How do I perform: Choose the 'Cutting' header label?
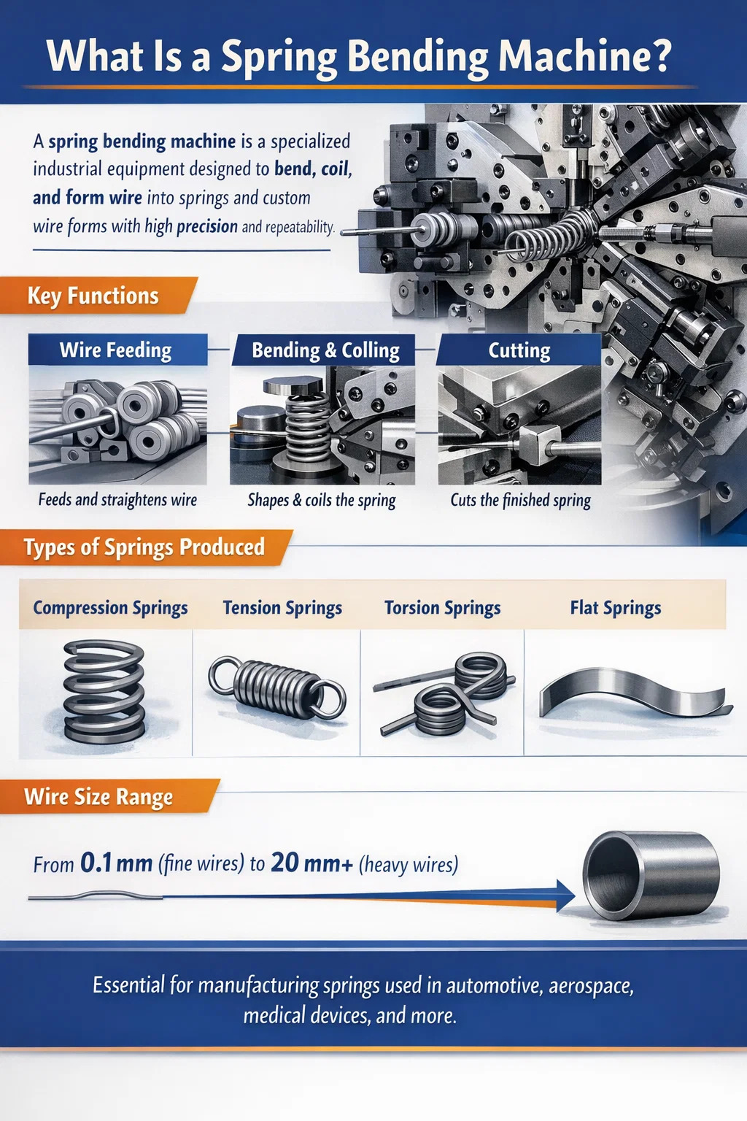pyautogui.click(x=519, y=350)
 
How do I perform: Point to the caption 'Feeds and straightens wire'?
pyautogui.click(x=117, y=499)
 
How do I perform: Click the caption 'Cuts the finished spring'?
pyautogui.click(x=520, y=500)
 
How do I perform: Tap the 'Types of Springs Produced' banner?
pyautogui.click(x=144, y=547)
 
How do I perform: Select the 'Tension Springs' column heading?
pyautogui.click(x=282, y=607)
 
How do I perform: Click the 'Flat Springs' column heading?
pyautogui.click(x=616, y=607)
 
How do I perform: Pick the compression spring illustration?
pyautogui.click(x=104, y=691)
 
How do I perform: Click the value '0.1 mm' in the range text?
pyautogui.click(x=116, y=863)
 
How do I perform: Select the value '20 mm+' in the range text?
pyautogui.click(x=311, y=863)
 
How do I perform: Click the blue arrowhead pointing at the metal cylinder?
pyautogui.click(x=565, y=895)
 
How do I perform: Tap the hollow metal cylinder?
pyautogui.click(x=651, y=875)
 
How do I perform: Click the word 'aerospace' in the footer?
pyautogui.click(x=591, y=985)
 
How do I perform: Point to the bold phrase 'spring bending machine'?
pyautogui.click(x=142, y=142)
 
